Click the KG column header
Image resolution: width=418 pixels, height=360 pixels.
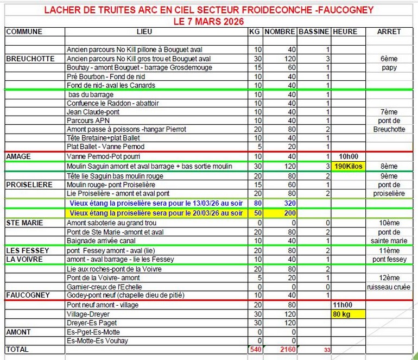coord(254,31)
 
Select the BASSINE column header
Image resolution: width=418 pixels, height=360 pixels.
coord(314,31)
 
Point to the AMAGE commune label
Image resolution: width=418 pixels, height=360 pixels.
coord(18,156)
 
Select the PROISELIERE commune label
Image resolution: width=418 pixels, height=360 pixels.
coord(29,185)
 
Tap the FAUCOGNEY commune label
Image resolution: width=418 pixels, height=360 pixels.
coord(28,295)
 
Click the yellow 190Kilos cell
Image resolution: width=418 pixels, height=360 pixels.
coord(347,166)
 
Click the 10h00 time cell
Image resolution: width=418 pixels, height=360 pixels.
coord(347,156)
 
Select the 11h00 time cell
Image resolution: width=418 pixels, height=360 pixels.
coord(345,305)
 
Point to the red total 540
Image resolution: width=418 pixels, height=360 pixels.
coord(255,350)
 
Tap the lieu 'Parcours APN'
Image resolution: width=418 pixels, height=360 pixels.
coord(87,121)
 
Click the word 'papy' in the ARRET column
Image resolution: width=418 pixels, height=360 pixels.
coord(389,68)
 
